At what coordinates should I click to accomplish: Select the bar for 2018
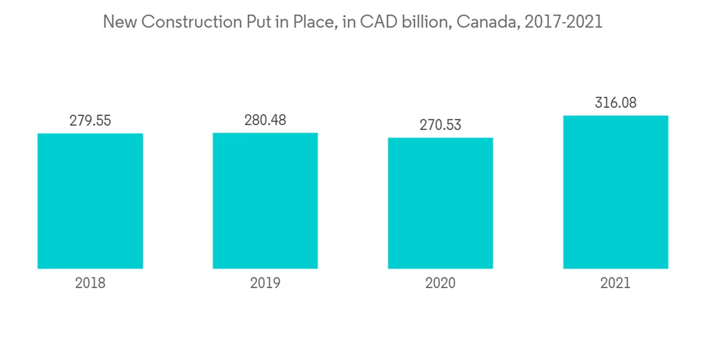(x=90, y=201)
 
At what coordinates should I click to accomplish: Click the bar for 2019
(x=265, y=201)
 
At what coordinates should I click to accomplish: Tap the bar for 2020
(x=441, y=203)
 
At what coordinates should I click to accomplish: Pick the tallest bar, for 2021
(x=615, y=192)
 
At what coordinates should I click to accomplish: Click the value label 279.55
(x=90, y=121)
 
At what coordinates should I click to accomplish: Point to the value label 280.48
(x=265, y=120)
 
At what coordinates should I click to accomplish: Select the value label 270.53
(x=441, y=125)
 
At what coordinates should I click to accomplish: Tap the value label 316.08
(x=615, y=103)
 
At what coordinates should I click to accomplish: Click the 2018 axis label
(x=90, y=283)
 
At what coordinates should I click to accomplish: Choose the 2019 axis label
(x=265, y=283)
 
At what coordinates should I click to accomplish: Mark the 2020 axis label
(x=441, y=283)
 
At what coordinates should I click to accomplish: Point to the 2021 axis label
(x=615, y=283)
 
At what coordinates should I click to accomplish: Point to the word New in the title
(x=119, y=22)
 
